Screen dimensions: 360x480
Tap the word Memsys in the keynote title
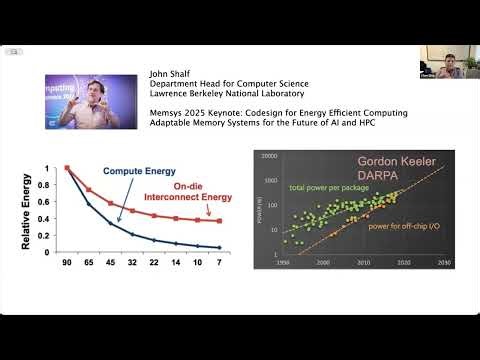click(167, 112)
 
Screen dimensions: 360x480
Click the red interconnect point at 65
click(89, 189)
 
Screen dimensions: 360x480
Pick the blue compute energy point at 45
click(111, 223)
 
